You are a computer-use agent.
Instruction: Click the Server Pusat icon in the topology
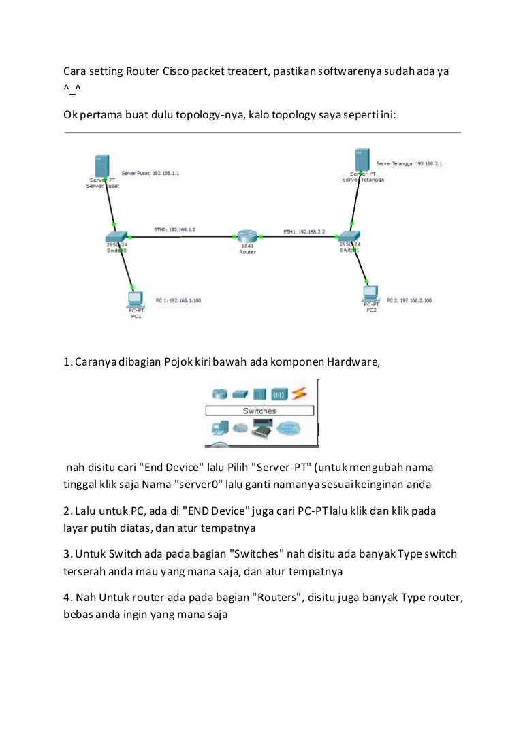[102, 165]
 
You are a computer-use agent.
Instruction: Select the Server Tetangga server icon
[362, 161]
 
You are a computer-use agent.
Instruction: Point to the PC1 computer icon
[135, 298]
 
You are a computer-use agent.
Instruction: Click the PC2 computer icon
[370, 292]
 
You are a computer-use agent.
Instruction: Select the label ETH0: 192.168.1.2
[175, 230]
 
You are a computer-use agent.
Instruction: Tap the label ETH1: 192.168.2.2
[304, 232]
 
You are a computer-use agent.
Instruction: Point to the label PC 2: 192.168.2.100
[409, 300]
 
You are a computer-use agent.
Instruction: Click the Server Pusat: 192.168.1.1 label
[150, 174]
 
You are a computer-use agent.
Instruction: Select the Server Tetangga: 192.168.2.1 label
[409, 164]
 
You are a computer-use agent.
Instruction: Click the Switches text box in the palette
[259, 411]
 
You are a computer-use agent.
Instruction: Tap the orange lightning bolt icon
[300, 394]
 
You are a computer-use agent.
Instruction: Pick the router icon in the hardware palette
[219, 394]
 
